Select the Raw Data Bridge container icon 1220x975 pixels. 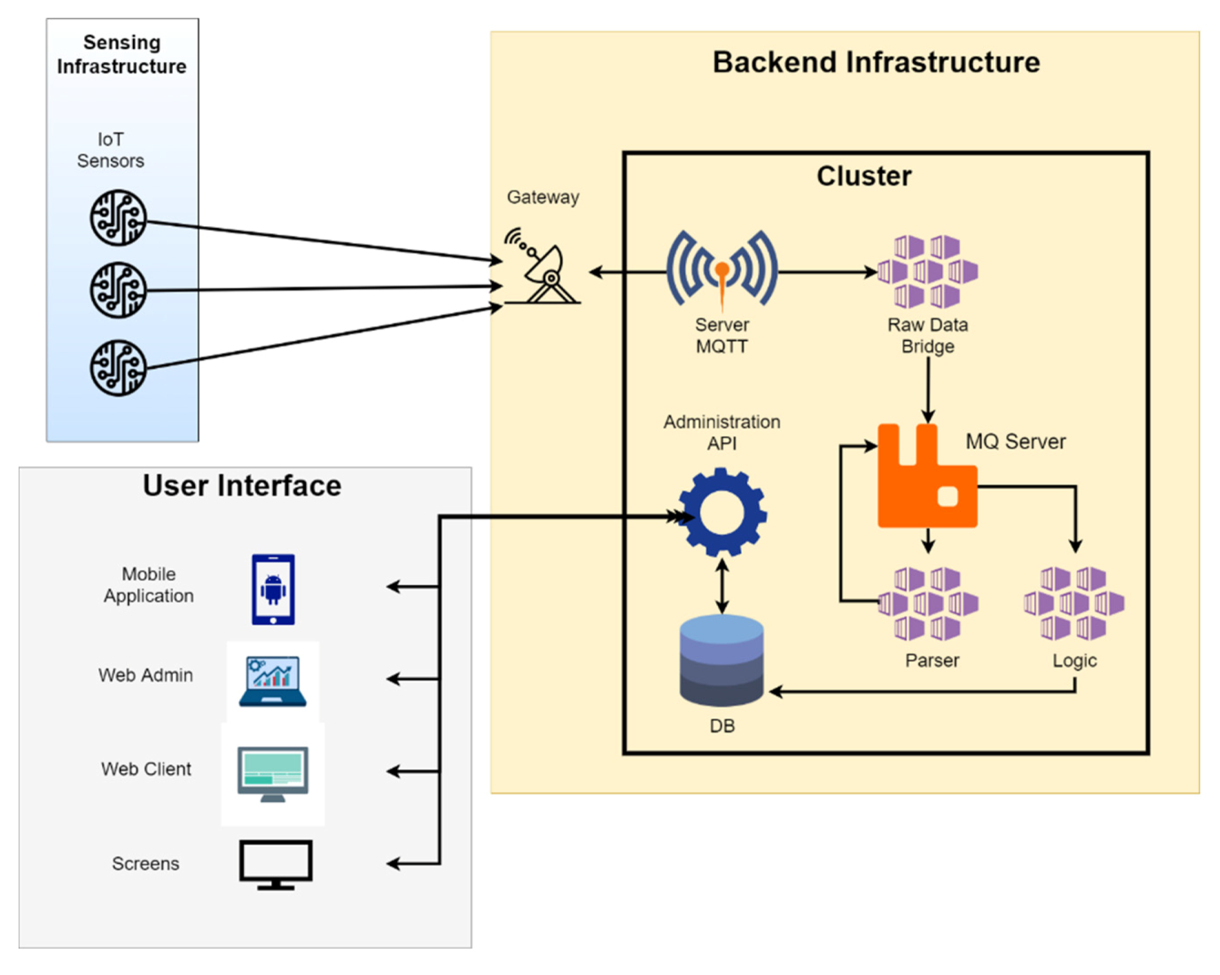pos(928,272)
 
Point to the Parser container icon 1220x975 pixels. pos(928,603)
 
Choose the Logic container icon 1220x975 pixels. pos(1074,603)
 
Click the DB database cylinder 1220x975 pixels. pos(722,661)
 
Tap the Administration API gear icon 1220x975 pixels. pos(722,512)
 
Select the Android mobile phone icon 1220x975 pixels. pos(273,589)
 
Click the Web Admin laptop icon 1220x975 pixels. pos(273,681)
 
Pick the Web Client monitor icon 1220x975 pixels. pos(273,773)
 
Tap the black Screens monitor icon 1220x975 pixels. pos(276,864)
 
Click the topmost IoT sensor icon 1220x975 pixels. pos(118,218)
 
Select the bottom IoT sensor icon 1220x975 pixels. pos(118,368)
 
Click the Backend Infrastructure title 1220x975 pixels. pos(876,63)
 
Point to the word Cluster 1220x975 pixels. pos(864,176)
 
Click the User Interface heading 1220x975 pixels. pos(242,486)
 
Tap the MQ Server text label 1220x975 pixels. pos(1015,441)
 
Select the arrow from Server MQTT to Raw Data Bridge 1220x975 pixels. pos(826,272)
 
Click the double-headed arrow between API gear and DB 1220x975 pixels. pos(722,586)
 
